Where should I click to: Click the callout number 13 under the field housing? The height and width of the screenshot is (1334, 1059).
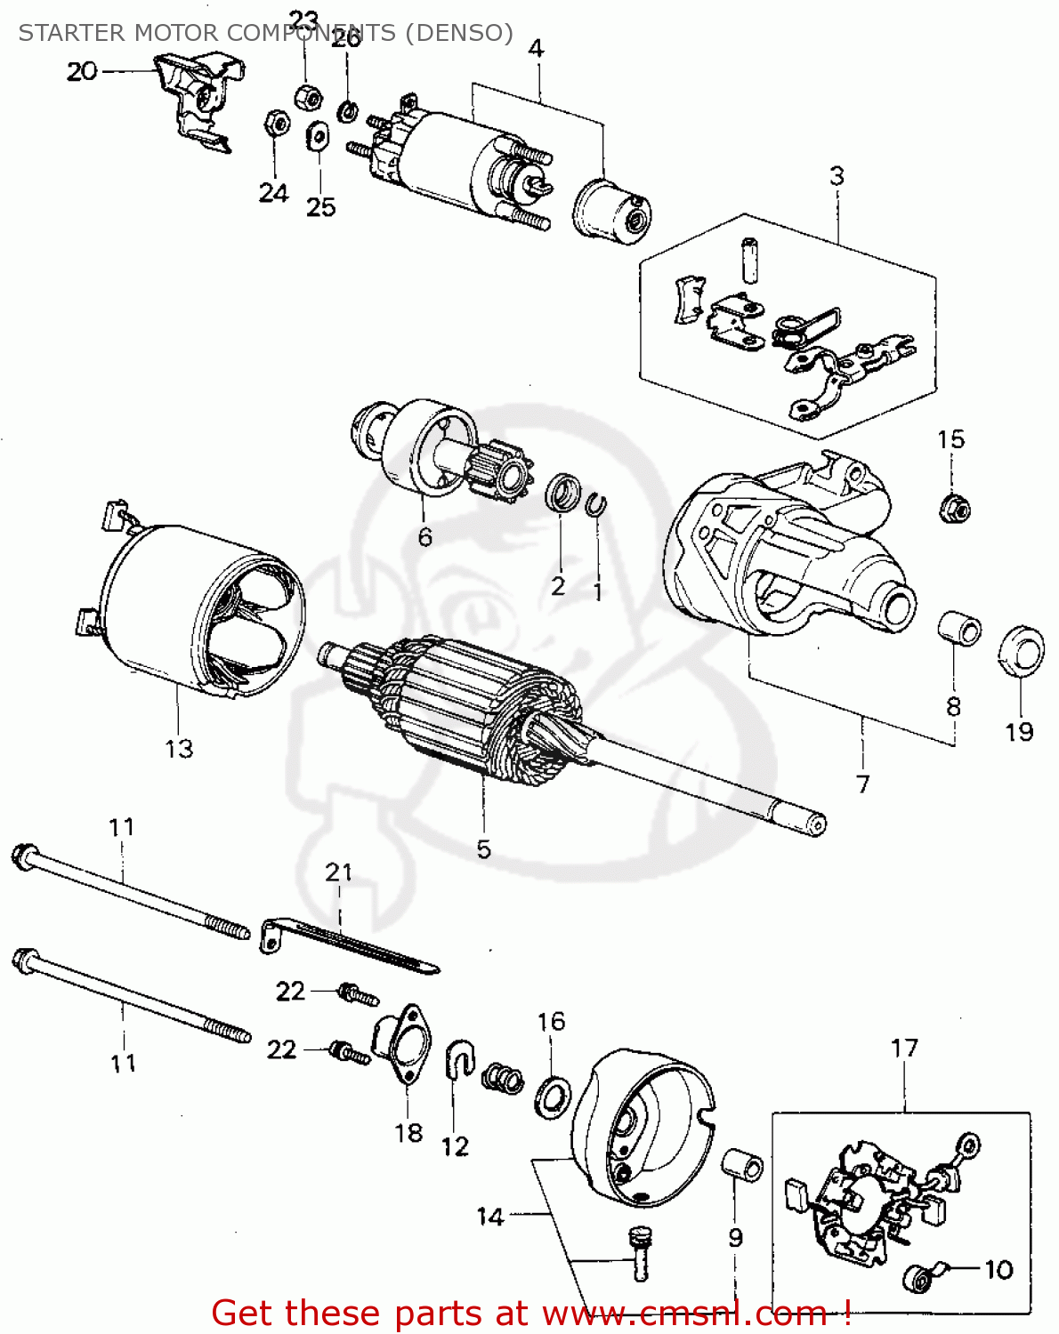(x=179, y=748)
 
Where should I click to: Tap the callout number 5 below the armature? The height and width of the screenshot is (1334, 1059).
(x=483, y=848)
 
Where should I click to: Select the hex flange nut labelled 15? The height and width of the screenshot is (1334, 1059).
(x=954, y=508)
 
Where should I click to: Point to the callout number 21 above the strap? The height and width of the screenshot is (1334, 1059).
(x=339, y=872)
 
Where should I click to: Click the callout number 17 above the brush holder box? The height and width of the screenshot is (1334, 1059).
(x=904, y=1048)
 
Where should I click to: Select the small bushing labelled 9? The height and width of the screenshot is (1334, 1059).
(x=742, y=1165)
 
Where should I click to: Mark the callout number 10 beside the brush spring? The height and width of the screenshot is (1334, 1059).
(x=998, y=1269)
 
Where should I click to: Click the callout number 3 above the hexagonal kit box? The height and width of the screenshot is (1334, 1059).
(x=837, y=176)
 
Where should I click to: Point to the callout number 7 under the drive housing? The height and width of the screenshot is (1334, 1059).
(x=862, y=784)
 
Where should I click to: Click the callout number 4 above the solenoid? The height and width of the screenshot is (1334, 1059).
(x=536, y=49)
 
